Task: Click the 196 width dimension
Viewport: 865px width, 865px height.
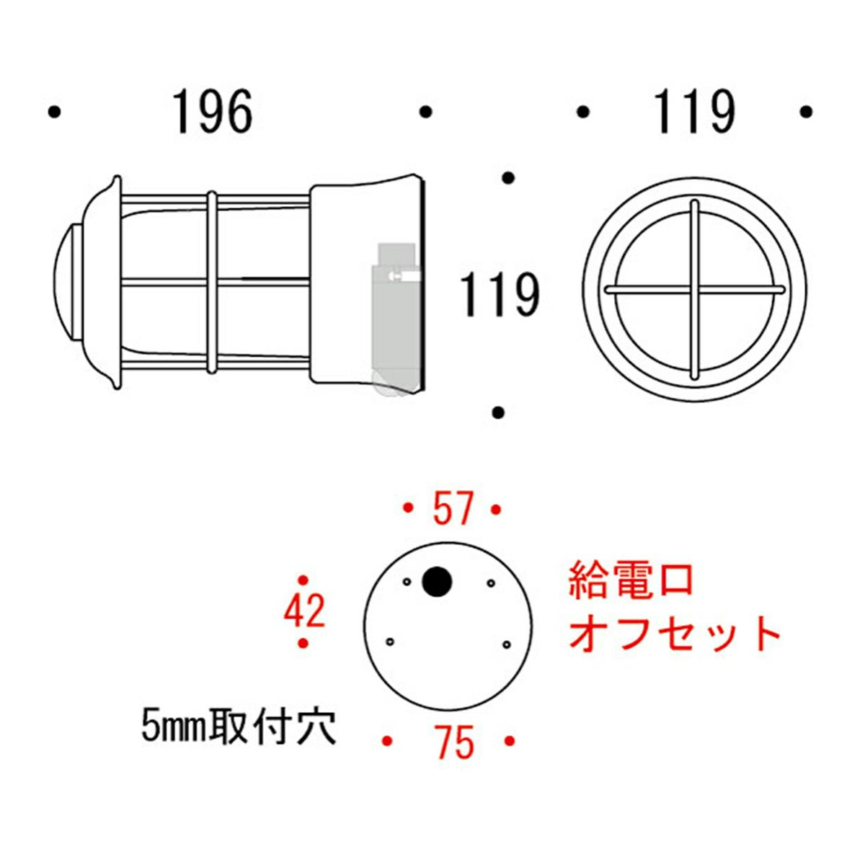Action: [x=213, y=112]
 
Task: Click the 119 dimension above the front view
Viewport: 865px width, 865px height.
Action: [x=694, y=112]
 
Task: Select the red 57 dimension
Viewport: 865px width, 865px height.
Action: [x=452, y=509]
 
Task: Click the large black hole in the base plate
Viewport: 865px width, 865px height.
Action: [x=435, y=581]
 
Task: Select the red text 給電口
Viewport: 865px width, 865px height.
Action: [x=631, y=580]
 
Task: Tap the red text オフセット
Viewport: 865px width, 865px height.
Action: [x=675, y=634]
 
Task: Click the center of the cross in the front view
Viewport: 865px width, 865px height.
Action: [x=694, y=289]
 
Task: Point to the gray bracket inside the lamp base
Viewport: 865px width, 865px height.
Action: [x=396, y=310]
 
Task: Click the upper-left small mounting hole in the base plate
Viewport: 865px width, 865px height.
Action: [x=407, y=582]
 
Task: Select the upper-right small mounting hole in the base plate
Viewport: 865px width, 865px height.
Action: [x=491, y=582]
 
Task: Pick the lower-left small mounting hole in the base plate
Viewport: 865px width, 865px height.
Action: [x=390, y=642]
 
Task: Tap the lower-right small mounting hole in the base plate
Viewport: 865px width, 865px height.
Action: [x=506, y=644]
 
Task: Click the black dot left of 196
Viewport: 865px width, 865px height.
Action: [x=53, y=112]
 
